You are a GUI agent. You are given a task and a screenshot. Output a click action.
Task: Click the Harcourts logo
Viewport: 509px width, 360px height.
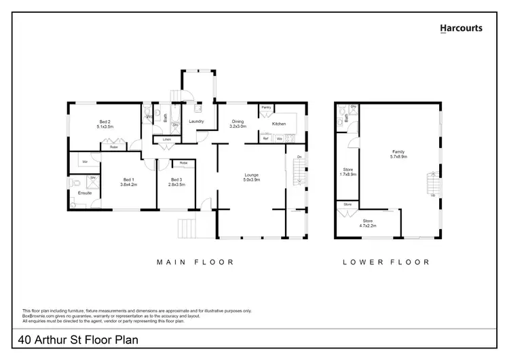pyautogui.click(x=461, y=29)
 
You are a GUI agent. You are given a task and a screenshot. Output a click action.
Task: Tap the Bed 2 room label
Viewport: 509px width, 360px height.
pyautogui.click(x=105, y=122)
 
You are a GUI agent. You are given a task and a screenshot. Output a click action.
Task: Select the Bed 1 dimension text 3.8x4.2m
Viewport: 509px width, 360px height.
pyautogui.click(x=129, y=184)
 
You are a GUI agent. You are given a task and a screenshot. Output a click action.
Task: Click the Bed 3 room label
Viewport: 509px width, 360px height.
pyautogui.click(x=176, y=179)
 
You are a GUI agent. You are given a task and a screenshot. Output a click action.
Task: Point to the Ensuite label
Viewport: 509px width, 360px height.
pyautogui.click(x=85, y=193)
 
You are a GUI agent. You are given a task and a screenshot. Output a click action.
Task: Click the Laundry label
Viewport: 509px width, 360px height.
pyautogui.click(x=197, y=122)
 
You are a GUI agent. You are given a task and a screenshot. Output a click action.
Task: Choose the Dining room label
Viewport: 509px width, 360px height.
pyautogui.click(x=237, y=122)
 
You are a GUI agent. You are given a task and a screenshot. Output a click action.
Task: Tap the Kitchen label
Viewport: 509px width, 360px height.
pyautogui.click(x=279, y=124)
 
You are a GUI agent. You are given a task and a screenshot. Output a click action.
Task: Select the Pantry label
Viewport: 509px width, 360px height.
pyautogui.click(x=266, y=107)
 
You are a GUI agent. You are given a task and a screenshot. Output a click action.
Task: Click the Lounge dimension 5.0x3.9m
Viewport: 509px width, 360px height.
pyautogui.click(x=251, y=179)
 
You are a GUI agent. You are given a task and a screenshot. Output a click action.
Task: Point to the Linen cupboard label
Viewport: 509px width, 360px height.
pyautogui.click(x=166, y=139)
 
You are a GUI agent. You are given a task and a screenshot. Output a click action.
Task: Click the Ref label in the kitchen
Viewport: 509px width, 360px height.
pyautogui.click(x=266, y=139)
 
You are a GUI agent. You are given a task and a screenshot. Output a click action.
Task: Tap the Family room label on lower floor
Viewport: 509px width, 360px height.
pyautogui.click(x=398, y=151)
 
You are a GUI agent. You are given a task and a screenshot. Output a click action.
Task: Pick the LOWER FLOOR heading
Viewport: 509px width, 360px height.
pyautogui.click(x=385, y=262)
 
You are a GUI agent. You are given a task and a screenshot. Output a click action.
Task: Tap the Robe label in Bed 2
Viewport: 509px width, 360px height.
pyautogui.click(x=113, y=146)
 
